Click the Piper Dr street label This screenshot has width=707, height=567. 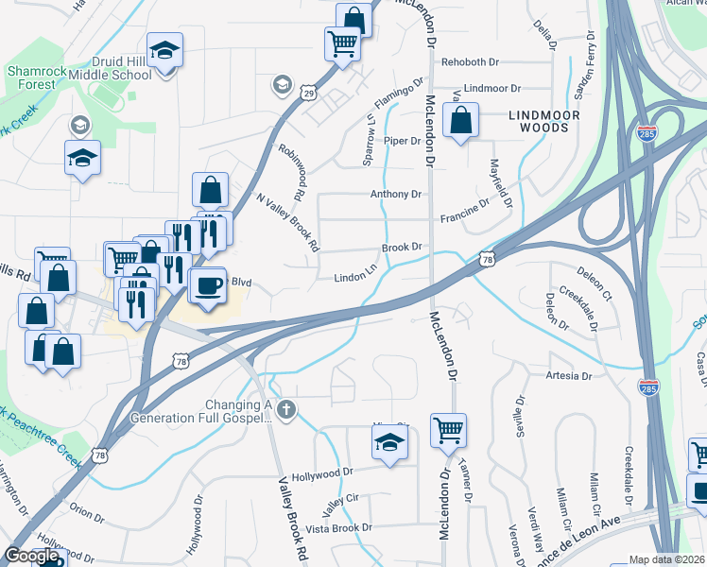[402, 141]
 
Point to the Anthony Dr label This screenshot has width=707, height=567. [395, 195]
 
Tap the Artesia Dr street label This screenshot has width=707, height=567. [568, 376]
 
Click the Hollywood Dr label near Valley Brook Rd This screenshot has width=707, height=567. [321, 471]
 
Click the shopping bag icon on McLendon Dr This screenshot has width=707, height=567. [460, 121]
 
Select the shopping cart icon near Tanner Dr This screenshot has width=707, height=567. [448, 430]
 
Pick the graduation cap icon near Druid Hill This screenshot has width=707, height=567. [165, 51]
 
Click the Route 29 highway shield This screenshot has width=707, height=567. [308, 92]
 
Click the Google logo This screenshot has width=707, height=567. [31, 556]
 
